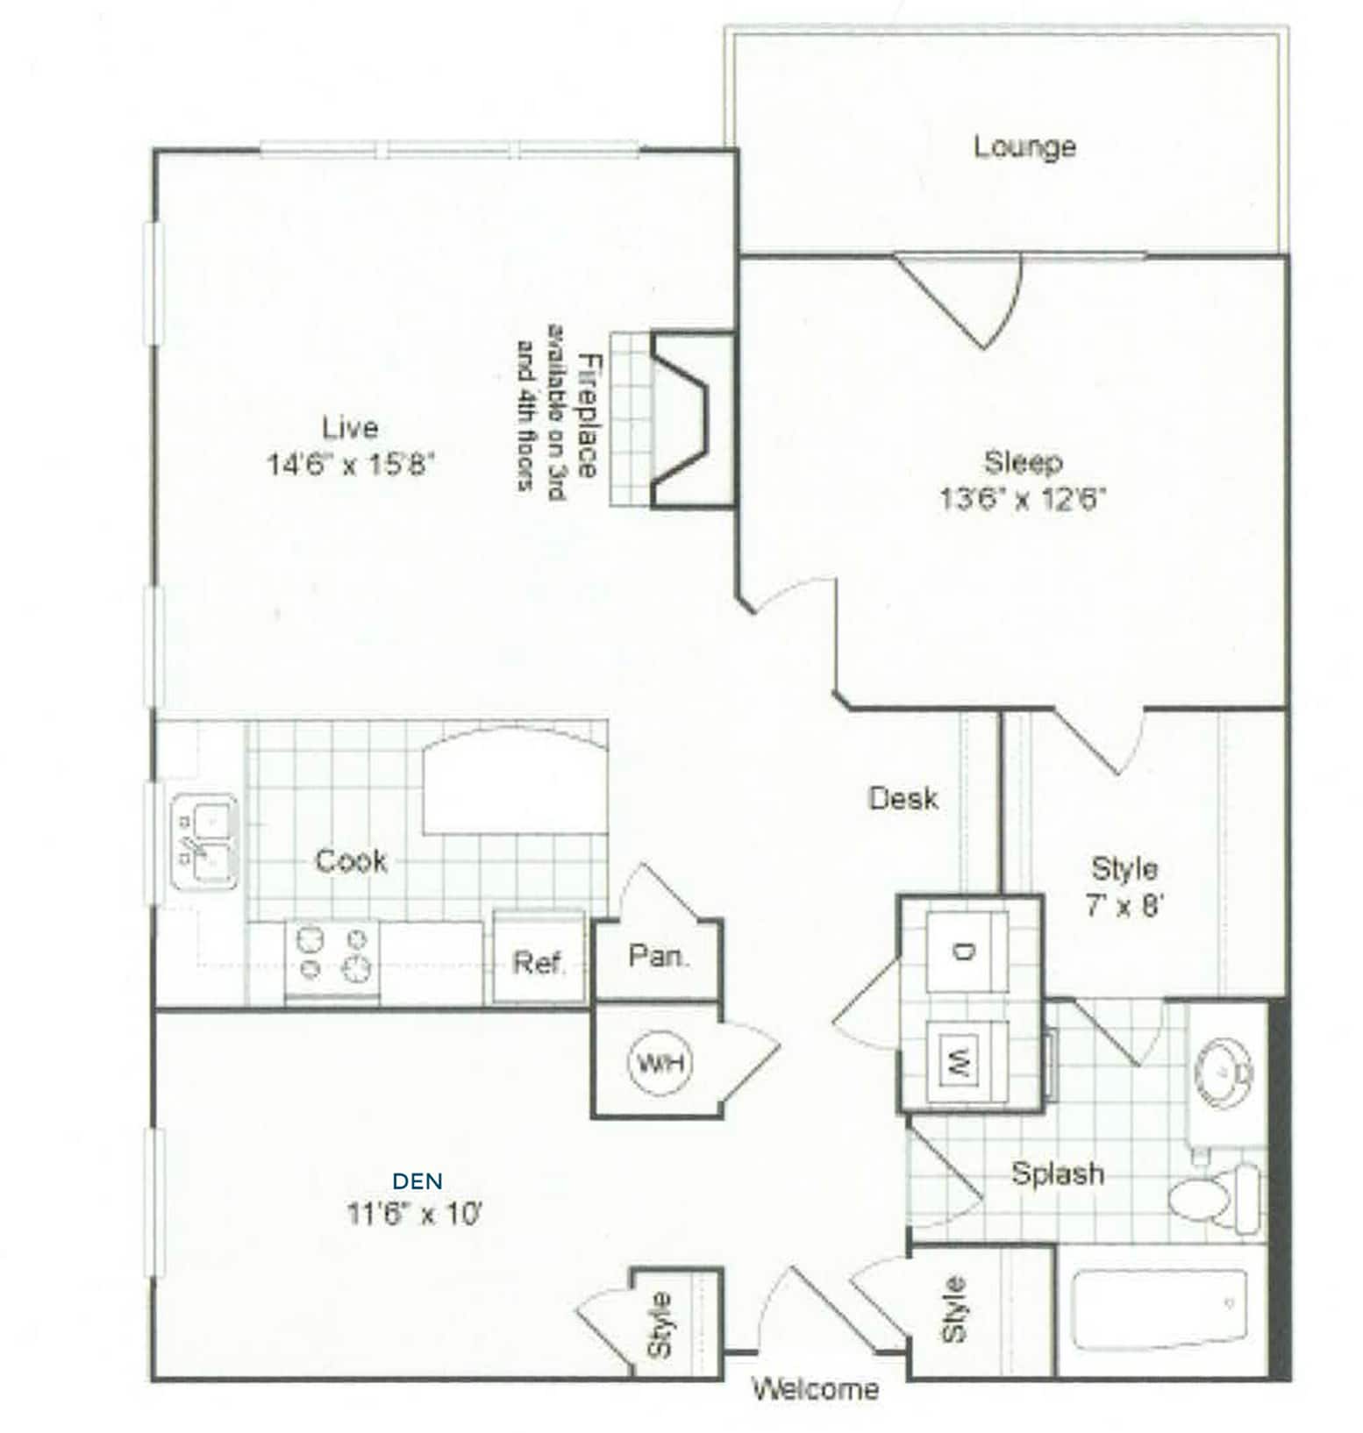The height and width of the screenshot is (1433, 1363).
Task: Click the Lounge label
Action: click(x=1024, y=146)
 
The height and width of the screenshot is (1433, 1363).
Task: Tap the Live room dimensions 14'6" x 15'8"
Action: click(x=351, y=463)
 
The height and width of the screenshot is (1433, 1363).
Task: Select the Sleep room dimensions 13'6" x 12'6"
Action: click(x=1023, y=499)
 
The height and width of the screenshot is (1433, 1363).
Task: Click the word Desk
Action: click(x=903, y=798)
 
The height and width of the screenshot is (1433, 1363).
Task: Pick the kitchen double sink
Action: click(x=203, y=843)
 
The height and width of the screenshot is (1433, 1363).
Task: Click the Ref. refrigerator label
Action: click(x=538, y=963)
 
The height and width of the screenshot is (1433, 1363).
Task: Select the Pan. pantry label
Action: click(x=659, y=956)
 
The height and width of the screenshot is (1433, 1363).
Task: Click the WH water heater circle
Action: click(x=660, y=1063)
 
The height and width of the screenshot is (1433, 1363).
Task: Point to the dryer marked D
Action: click(x=967, y=951)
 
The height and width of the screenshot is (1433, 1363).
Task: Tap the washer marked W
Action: click(x=965, y=1054)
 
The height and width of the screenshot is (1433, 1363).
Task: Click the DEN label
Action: click(x=417, y=1181)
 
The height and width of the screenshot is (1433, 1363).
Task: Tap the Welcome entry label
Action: click(x=815, y=1388)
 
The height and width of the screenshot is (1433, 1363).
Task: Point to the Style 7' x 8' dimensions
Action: click(x=1124, y=904)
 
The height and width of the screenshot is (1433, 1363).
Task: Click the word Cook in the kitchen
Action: click(x=351, y=861)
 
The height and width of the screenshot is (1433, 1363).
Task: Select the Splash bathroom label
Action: click(x=1058, y=1173)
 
